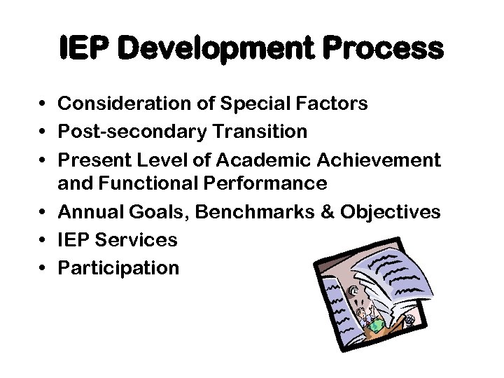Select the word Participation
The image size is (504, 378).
[118, 268]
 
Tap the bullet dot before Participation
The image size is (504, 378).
[43, 268]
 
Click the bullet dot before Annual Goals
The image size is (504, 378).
[43, 211]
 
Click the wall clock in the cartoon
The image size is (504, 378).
[355, 286]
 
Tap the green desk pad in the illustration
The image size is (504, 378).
[376, 325]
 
